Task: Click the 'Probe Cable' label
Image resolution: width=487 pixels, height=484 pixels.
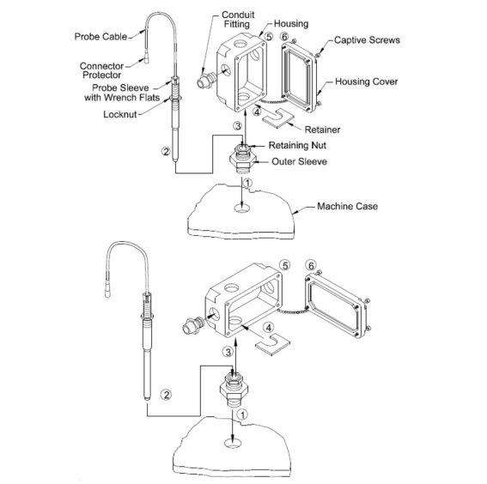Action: pos(100,37)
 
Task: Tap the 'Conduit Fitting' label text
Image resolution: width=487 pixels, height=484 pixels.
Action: pos(238,19)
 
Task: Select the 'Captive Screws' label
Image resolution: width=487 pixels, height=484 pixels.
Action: pos(367,40)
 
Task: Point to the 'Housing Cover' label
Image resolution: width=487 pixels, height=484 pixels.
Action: pos(366,82)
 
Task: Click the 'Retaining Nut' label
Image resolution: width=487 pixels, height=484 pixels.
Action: pos(297,145)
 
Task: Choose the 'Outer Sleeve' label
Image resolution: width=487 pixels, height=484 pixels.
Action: pos(299,161)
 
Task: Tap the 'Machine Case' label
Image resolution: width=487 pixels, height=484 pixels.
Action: pos(347,206)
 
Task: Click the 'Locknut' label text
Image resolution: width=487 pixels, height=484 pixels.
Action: pos(120,114)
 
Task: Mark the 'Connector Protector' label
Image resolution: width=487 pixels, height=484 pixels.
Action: pos(101,70)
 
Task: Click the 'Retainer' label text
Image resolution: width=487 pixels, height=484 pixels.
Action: pos(322,130)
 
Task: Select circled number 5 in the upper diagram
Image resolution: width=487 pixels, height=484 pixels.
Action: pos(268,37)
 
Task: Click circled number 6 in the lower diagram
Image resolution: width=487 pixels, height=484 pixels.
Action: pos(311,265)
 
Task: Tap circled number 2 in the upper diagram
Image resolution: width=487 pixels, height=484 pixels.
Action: pos(166,151)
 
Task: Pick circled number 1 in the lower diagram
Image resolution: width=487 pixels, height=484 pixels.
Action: pos(242,414)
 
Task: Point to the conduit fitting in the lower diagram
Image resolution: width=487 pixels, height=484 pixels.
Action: pos(192,325)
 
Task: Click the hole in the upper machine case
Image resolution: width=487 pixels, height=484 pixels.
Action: pos(242,209)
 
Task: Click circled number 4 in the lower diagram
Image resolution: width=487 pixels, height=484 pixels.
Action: pos(269,328)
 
